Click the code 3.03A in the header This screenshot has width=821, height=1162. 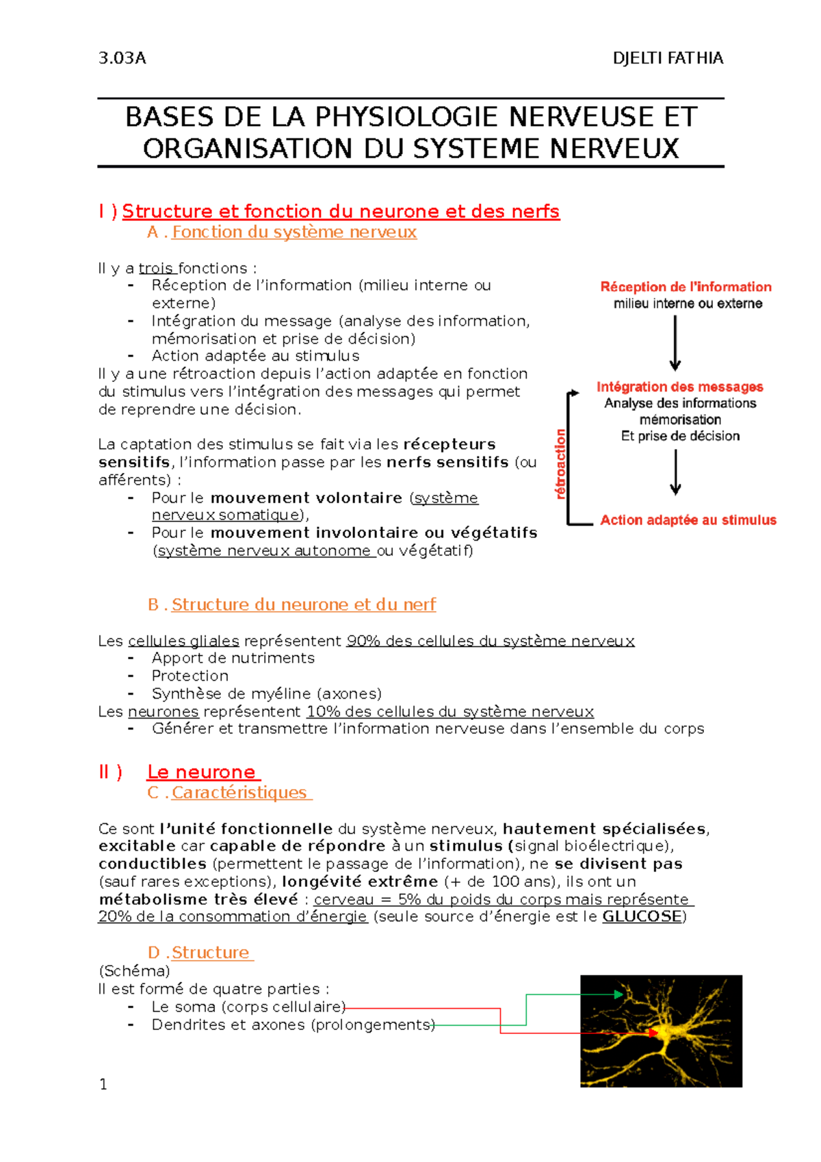122,58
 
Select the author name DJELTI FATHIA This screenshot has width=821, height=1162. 668,58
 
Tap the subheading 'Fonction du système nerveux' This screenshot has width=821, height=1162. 294,232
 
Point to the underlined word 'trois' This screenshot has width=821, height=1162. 157,268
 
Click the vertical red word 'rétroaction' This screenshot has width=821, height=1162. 560,463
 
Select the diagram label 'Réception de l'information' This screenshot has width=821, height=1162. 686,287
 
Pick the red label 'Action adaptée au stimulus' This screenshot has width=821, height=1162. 688,520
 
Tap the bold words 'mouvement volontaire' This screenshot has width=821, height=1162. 306,498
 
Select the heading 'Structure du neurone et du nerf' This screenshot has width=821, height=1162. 303,604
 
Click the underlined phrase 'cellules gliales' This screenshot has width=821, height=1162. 183,641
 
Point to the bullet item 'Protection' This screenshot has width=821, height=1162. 190,675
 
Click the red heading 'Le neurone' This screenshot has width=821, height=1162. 201,772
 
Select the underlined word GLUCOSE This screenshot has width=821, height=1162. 642,916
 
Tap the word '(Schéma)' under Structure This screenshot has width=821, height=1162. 134,970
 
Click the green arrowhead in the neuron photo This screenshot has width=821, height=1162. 619,994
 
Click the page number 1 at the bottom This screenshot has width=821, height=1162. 103,1084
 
